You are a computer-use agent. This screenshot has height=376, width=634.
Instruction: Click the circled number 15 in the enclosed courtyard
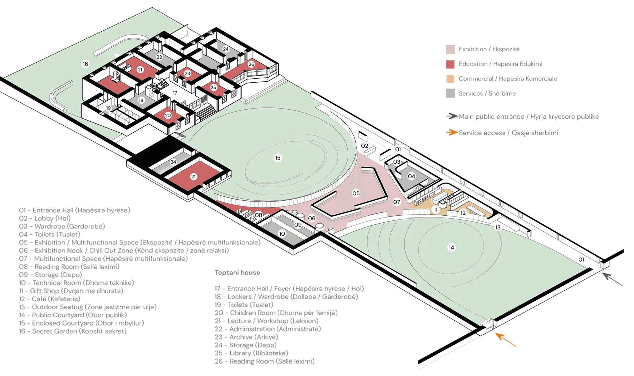coord(278,158)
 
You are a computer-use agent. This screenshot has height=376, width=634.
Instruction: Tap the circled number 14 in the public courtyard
coord(451,247)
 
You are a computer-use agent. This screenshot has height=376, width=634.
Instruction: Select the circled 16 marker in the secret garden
coord(85,64)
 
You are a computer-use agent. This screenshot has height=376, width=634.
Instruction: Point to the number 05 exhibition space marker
coord(356,193)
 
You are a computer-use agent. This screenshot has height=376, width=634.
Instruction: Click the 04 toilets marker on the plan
coord(411,176)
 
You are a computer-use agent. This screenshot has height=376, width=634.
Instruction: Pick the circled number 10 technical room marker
coord(282,234)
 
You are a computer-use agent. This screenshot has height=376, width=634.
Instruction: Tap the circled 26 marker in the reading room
coord(251,64)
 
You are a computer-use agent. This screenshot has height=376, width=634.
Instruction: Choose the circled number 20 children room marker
coord(168,115)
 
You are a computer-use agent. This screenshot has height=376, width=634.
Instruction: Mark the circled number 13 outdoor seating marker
coord(498,227)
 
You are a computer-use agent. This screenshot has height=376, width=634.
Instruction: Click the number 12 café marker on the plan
coord(463,213)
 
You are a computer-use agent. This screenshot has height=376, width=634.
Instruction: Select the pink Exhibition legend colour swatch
coord(450,50)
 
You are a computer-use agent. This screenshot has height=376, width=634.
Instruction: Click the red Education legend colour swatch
coord(450,64)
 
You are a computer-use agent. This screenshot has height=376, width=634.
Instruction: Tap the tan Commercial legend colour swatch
coord(450,79)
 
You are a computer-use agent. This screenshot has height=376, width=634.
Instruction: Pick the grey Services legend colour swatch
coord(450,93)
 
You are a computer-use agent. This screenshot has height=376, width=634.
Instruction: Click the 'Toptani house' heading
coord(237,273)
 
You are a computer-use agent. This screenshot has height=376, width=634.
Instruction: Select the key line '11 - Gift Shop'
coord(71,291)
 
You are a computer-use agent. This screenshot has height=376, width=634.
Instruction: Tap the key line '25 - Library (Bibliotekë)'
coord(251,353)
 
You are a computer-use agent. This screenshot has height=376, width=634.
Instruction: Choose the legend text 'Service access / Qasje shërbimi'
coord(508,133)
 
